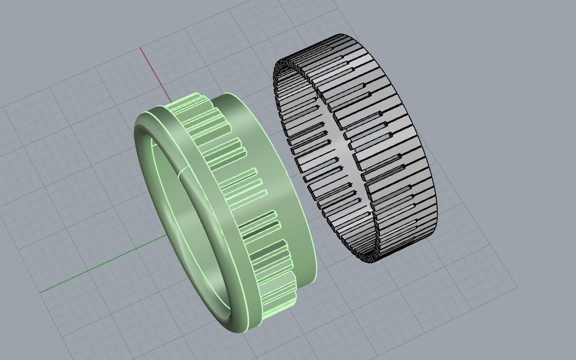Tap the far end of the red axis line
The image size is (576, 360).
pos(141,48)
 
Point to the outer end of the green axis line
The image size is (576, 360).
pos(41,292)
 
